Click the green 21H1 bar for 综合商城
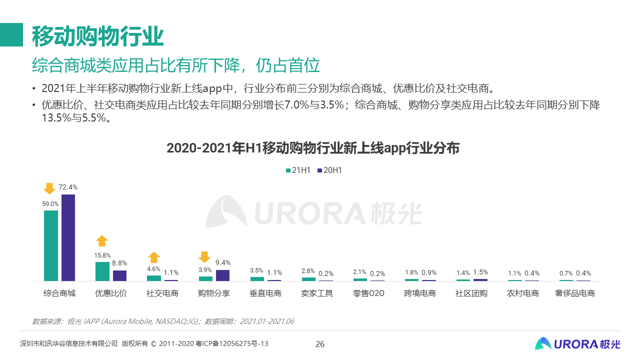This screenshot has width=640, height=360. (51, 245)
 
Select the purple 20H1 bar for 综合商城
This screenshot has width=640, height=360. (68, 237)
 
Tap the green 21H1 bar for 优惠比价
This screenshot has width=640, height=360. (102, 271)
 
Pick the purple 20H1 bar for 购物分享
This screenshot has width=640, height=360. (222, 275)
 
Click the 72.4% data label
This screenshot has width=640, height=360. (68, 187)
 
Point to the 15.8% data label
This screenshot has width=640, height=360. (102, 255)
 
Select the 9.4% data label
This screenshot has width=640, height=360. (223, 262)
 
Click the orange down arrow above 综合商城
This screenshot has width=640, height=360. (49, 188)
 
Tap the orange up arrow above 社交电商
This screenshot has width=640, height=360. (154, 257)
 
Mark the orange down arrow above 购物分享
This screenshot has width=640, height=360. (204, 257)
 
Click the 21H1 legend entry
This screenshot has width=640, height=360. (298, 170)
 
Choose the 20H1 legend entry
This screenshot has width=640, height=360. (329, 170)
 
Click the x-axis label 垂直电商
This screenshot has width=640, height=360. (265, 293)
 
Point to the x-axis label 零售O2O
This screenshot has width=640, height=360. (368, 293)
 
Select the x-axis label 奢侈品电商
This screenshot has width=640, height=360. (575, 293)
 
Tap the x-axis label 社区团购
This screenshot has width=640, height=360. (471, 293)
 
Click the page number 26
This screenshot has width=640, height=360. (320, 344)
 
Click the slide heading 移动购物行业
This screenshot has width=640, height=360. (98, 35)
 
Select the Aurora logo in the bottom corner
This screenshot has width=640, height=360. (577, 343)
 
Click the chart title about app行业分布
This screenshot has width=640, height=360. (313, 148)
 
